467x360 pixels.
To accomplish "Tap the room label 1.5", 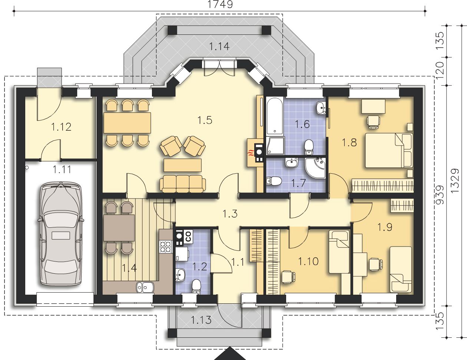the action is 205,120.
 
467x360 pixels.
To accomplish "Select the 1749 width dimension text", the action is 220,4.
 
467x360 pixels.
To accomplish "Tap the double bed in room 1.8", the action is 389,150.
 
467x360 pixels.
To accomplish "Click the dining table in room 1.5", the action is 127,123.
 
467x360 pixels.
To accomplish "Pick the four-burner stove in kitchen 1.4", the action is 166,246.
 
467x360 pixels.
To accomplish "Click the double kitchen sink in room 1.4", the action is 145,287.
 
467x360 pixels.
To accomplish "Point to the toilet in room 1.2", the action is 196,286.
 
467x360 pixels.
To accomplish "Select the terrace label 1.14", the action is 219,46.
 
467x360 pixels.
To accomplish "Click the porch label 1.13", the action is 201,320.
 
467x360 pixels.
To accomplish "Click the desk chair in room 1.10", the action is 288,277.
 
